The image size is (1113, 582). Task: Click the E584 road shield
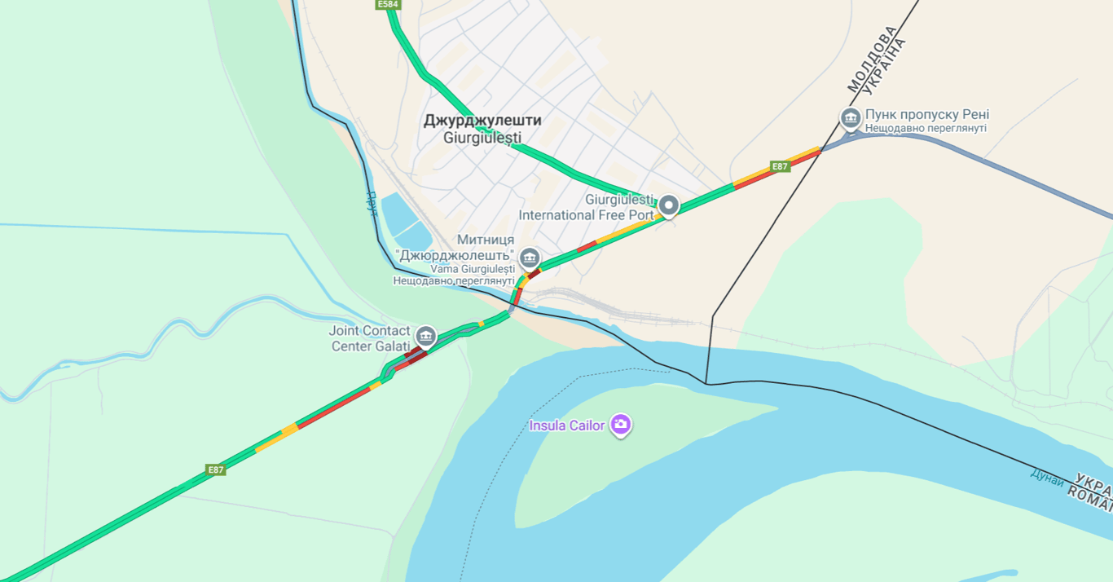389,5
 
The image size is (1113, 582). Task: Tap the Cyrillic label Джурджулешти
482,121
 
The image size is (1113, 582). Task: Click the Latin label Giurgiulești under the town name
482,138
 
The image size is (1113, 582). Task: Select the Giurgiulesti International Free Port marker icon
669,205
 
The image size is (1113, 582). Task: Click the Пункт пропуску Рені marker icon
851,119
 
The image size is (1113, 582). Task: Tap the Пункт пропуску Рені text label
927,115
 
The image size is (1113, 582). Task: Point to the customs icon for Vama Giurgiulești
530,258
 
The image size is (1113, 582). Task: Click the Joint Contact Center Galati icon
425,336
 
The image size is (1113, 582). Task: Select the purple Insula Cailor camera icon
621,424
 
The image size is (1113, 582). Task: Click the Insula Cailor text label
567,425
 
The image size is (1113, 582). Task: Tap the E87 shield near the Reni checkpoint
781,166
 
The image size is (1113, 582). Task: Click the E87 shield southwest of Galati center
215,470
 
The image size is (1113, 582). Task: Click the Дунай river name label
1047,478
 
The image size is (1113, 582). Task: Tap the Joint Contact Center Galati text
370,338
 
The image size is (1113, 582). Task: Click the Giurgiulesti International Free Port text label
587,208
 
